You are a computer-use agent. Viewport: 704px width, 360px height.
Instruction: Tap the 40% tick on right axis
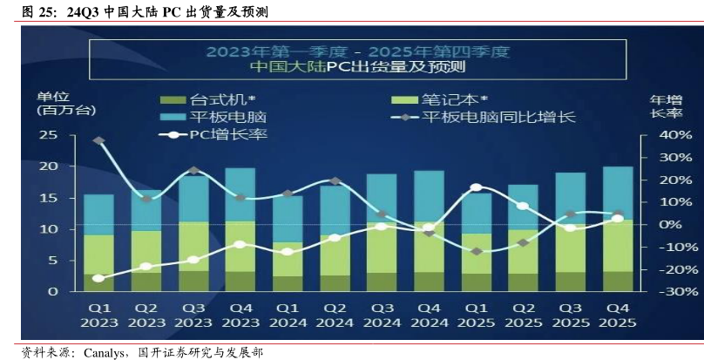[x=675, y=135]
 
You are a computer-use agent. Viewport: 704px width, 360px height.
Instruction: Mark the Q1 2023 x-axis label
[x=98, y=315]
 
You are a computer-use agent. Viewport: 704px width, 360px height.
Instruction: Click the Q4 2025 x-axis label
[x=618, y=315]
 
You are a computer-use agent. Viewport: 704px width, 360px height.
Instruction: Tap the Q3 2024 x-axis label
[x=382, y=315]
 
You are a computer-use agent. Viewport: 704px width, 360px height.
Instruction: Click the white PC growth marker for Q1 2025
[x=476, y=187]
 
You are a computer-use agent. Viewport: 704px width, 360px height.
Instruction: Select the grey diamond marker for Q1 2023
[x=98, y=140]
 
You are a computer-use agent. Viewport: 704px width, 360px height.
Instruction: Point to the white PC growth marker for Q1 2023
[x=98, y=278]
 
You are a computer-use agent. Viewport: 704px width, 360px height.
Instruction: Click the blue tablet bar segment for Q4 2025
[x=618, y=193]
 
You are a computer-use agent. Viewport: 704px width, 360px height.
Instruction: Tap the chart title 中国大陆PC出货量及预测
[x=357, y=67]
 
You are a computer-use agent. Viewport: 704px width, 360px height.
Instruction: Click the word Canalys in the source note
[x=105, y=352]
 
